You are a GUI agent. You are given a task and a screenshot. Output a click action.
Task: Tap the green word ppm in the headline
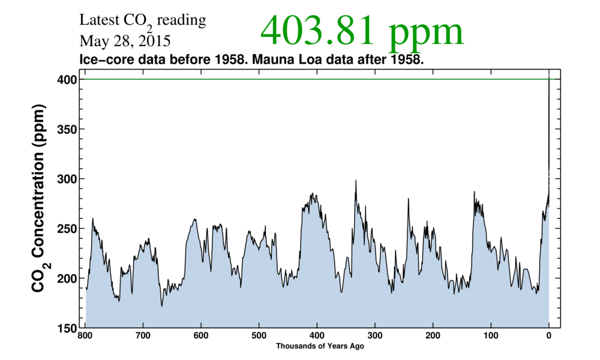point(425,34)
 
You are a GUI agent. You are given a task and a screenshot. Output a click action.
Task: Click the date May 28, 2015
point(125,42)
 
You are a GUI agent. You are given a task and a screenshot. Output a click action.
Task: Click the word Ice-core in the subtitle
point(101,61)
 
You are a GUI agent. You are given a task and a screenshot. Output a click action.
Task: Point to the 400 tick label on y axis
point(65,79)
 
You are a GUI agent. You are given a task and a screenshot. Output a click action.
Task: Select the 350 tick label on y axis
point(65,129)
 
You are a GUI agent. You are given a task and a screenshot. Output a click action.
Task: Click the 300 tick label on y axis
point(65,179)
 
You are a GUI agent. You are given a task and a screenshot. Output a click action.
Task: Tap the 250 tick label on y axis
point(65,229)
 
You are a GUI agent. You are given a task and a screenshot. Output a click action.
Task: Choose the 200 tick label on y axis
point(65,278)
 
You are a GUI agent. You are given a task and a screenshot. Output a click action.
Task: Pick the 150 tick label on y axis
point(65,328)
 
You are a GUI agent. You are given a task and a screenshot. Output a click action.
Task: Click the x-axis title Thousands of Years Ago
point(320,346)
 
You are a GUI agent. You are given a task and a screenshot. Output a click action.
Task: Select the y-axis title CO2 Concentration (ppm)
point(39,204)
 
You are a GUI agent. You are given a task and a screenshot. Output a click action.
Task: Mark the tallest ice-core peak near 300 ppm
point(356,181)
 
